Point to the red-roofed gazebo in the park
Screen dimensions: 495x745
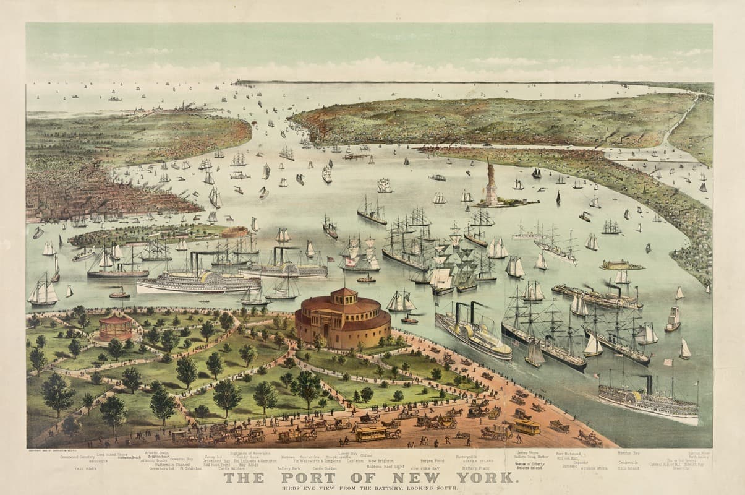point(116,326)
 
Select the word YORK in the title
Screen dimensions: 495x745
point(483,478)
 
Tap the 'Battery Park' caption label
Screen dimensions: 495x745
point(288,468)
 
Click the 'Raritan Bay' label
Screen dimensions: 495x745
point(628,454)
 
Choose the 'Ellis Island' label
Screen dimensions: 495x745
point(629,468)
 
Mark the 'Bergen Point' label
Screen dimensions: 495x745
point(432,461)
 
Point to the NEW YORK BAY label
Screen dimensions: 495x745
point(424,468)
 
